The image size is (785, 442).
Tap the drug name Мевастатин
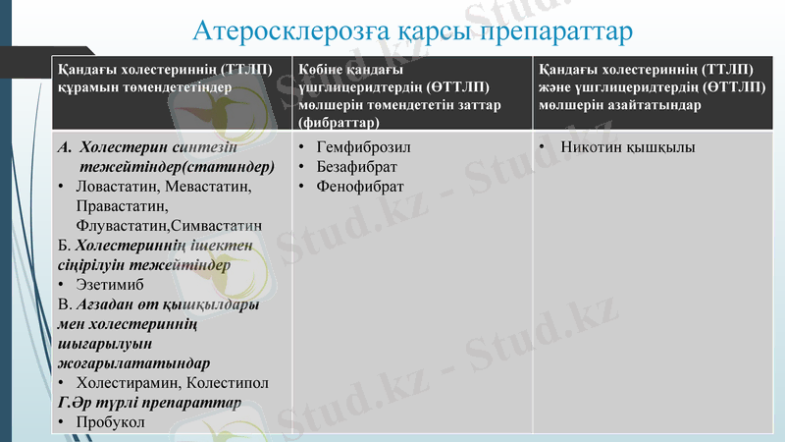209,187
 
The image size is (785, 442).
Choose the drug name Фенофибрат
356,186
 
